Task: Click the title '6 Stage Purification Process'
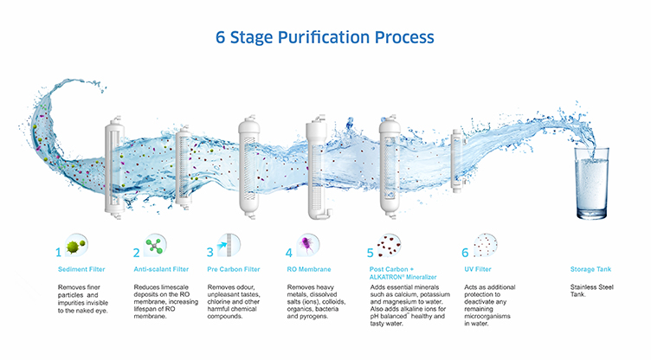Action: point(325,37)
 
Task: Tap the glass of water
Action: point(593,183)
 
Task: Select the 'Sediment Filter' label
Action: point(82,268)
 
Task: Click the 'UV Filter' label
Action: point(468,268)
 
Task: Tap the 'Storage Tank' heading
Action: point(590,268)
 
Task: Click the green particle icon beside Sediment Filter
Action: point(76,246)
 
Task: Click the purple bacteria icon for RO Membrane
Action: point(307,245)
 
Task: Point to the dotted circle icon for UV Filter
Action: point(486,246)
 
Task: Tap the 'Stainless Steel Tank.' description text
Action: point(588,290)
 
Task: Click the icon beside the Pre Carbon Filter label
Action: point(229,245)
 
